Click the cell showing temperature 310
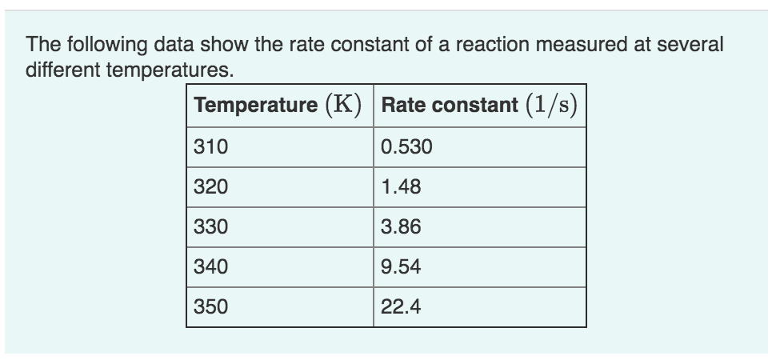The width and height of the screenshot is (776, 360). pos(211,147)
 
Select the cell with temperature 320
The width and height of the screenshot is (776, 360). pos(211,187)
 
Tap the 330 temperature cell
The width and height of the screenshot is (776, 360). pos(211,227)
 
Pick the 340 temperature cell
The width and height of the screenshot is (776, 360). pos(211,266)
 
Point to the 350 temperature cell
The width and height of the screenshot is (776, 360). pos(211,306)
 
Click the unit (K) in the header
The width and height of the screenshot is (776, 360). pos(343,105)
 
